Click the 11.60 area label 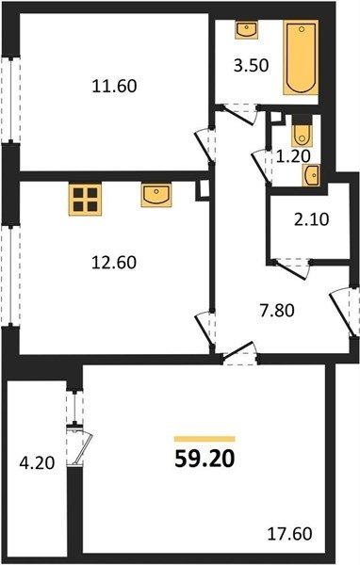click(114, 87)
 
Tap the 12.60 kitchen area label click(114, 263)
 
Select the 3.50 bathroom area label click(251, 66)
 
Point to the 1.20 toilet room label click(293, 156)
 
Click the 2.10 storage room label click(312, 219)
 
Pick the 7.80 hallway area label click(277, 310)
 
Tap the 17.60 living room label click(289, 534)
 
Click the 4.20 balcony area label click(37, 463)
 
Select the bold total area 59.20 click(205, 460)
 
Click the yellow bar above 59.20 click(205, 439)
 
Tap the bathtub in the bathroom click(301, 57)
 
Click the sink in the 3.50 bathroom click(247, 30)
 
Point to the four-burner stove click(85, 200)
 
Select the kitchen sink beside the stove click(156, 195)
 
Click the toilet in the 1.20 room click(302, 131)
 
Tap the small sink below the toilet click(311, 175)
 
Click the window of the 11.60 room click(11, 100)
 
